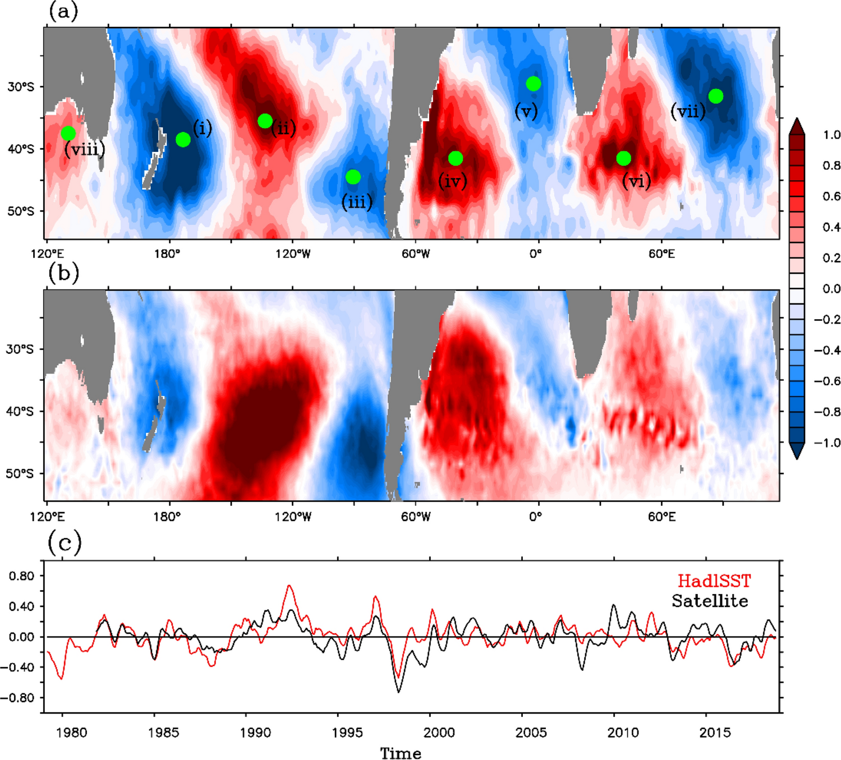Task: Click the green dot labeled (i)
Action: pyautogui.click(x=183, y=140)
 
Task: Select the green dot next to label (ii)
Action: pyautogui.click(x=265, y=121)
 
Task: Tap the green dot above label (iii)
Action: pyautogui.click(x=353, y=177)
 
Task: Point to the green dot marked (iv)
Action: pyautogui.click(x=456, y=159)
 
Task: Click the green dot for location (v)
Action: pyautogui.click(x=534, y=84)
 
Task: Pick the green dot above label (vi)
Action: pyautogui.click(x=624, y=159)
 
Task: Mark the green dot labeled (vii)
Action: pyautogui.click(x=716, y=96)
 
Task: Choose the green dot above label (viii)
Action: pyautogui.click(x=68, y=133)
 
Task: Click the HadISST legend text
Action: pyautogui.click(x=714, y=581)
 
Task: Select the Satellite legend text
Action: pyautogui.click(x=710, y=601)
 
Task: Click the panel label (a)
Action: pyautogui.click(x=63, y=11)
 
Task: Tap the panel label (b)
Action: pyautogui.click(x=63, y=273)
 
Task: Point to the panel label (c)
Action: pyautogui.click(x=65, y=542)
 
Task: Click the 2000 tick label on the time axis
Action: pyautogui.click(x=439, y=733)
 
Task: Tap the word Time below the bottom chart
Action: pyautogui.click(x=401, y=753)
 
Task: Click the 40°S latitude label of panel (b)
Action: pyautogui.click(x=20, y=412)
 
